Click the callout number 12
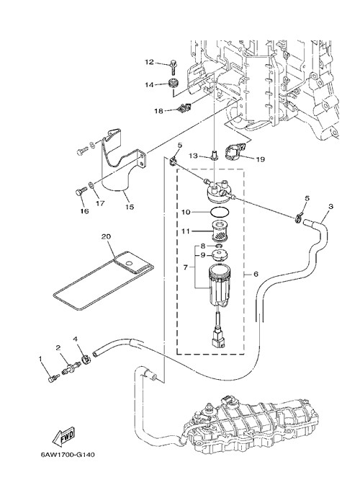(149, 62)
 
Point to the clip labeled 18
(184, 108)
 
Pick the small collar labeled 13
(215, 155)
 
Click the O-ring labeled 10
(219, 211)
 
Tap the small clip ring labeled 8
(220, 246)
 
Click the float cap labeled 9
(219, 255)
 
